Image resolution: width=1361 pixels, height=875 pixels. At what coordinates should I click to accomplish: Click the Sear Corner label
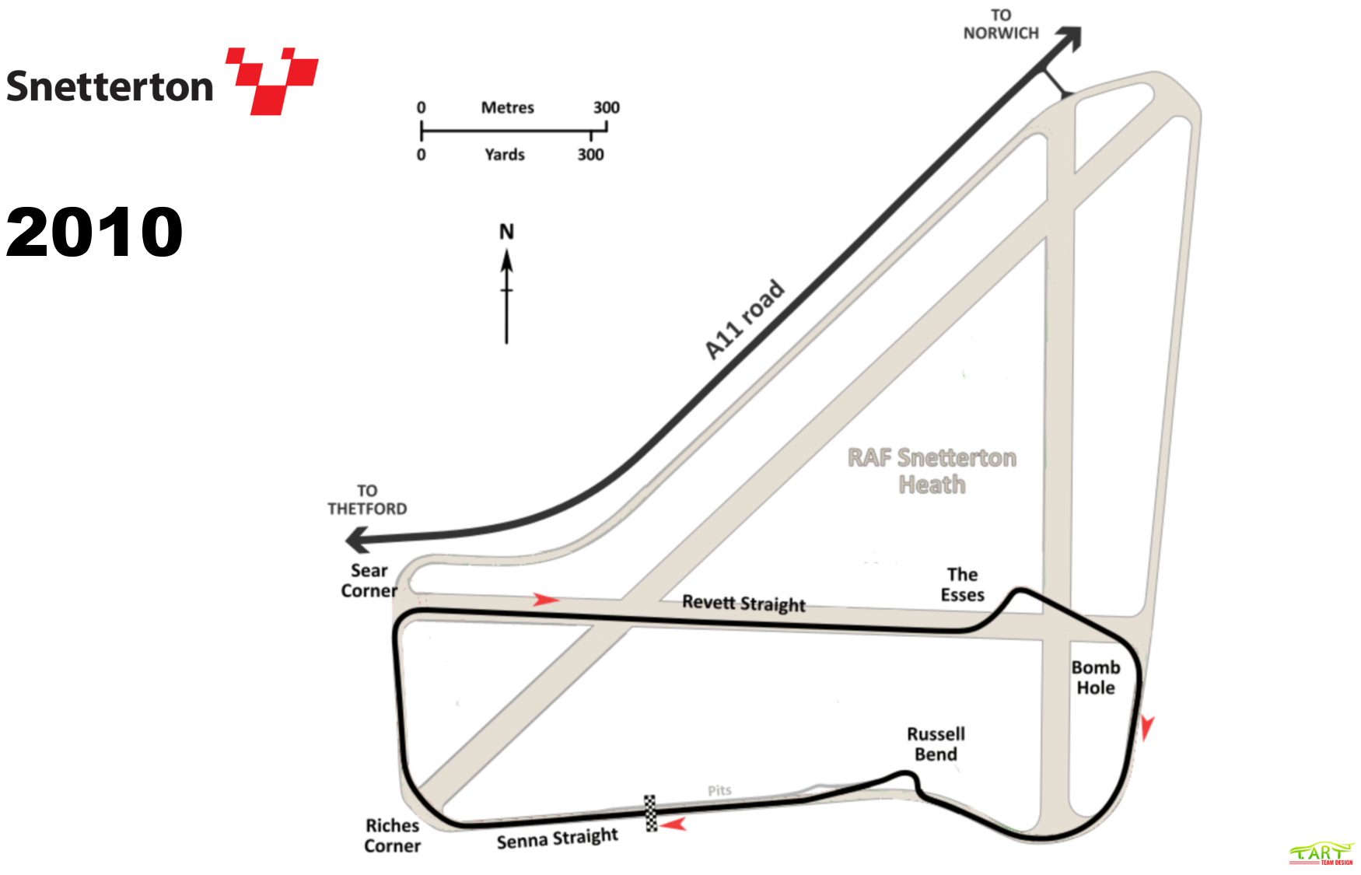(x=369, y=581)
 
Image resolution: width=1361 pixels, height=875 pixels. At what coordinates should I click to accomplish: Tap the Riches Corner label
(x=392, y=836)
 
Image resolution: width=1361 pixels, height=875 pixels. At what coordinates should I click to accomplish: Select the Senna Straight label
(x=557, y=839)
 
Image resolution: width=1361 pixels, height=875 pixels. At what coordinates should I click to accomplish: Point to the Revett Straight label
(x=743, y=604)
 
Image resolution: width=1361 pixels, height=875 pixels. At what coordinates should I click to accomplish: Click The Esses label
(x=962, y=585)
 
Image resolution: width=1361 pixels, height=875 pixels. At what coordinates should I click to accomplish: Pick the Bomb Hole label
(x=1096, y=677)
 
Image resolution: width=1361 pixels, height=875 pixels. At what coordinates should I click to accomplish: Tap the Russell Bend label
(x=936, y=744)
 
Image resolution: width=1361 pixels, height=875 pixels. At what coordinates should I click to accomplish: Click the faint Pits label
(x=719, y=790)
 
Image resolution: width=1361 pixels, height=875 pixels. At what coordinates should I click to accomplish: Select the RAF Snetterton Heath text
(x=932, y=471)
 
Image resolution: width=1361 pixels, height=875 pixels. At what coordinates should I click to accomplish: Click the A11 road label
(x=744, y=320)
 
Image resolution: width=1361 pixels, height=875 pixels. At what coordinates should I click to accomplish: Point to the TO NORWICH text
(x=1001, y=24)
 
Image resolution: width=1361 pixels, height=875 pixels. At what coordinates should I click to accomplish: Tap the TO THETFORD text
(x=367, y=500)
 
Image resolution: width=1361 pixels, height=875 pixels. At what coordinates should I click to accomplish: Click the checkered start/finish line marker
(x=651, y=814)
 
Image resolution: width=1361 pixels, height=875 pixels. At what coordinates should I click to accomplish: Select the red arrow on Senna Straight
(x=674, y=824)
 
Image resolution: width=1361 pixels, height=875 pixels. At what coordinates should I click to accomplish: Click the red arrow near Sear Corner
(x=545, y=600)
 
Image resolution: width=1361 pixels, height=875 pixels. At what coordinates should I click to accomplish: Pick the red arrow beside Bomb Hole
(x=1146, y=728)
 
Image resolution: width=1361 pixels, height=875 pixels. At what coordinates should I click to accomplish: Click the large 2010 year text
(x=94, y=232)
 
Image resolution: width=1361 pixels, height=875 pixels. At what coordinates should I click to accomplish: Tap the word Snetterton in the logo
(x=110, y=86)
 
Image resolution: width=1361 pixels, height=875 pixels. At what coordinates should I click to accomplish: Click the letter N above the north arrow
(x=506, y=232)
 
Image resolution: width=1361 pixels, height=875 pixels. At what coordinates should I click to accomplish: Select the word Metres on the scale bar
(x=507, y=107)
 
